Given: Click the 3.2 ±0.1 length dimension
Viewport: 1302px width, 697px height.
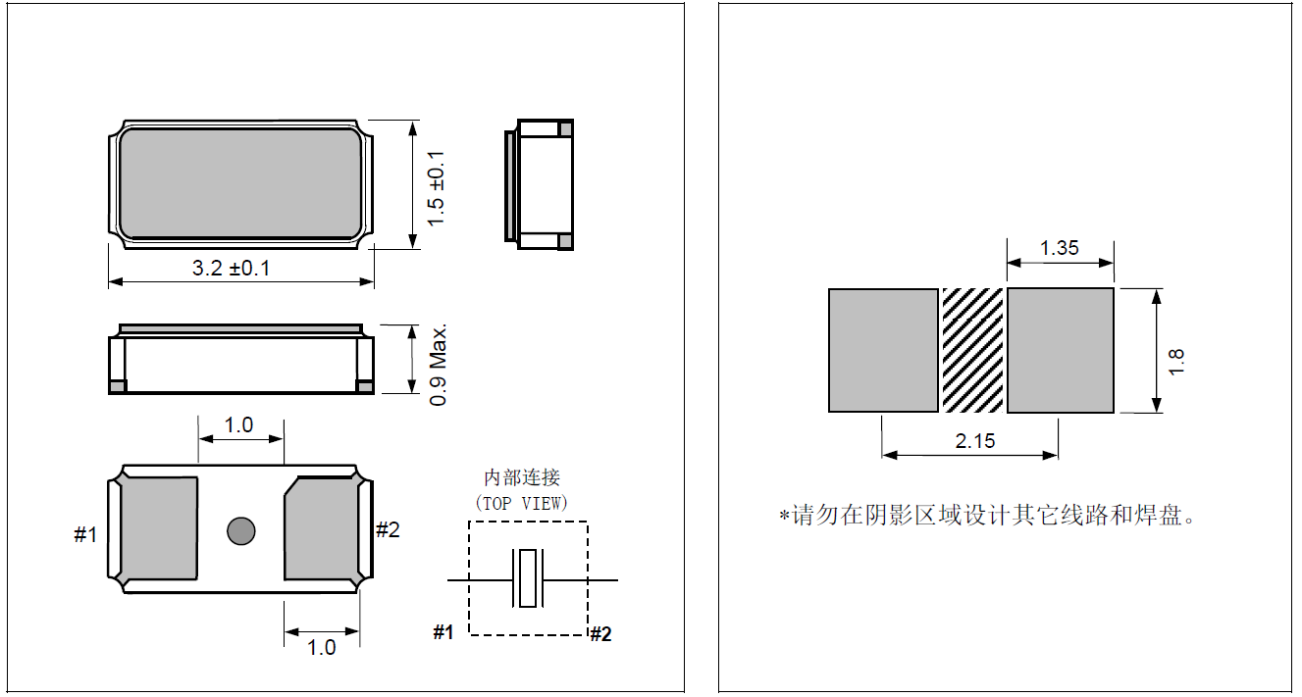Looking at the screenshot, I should [232, 268].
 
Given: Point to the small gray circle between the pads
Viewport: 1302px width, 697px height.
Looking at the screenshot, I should [240, 530].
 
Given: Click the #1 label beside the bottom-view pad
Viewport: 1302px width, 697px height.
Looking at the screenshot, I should [86, 534].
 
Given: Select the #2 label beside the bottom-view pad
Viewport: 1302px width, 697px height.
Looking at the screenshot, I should [388, 529].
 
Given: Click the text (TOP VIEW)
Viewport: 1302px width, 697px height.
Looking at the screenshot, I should [521, 503].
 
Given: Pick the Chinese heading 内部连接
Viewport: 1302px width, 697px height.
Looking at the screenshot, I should [522, 477].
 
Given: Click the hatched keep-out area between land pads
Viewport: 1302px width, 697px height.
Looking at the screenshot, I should [972, 350].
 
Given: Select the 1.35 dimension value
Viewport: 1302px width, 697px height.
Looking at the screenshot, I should [1060, 248].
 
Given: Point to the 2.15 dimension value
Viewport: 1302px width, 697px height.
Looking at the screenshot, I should [975, 441].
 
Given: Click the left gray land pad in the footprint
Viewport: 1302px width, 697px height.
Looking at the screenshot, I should [883, 350].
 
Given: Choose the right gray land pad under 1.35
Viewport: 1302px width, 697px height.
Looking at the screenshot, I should [1061, 350].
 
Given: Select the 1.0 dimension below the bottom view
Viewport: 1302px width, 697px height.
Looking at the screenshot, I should [321, 647].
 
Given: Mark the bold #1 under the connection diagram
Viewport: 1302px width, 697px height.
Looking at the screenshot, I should [443, 632].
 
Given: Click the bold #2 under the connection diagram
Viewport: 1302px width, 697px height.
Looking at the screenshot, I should [600, 634].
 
